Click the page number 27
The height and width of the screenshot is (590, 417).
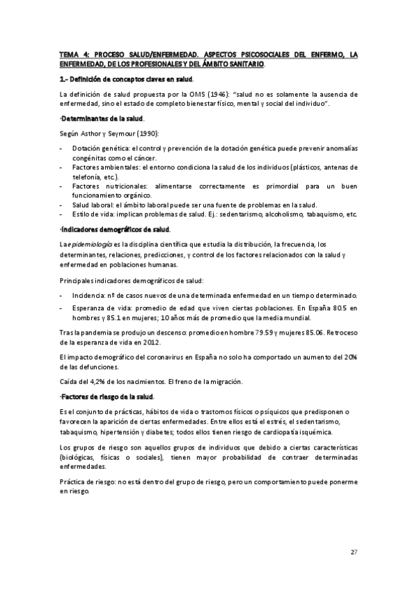[x=354, y=552]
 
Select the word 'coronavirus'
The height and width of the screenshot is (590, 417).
[x=154, y=358]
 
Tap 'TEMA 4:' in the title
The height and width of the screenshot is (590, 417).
[x=74, y=54]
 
